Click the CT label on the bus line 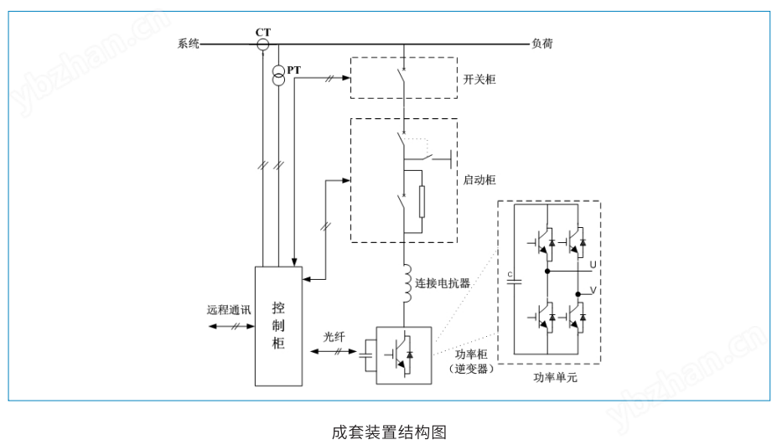[263, 32]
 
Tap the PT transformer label [293, 70]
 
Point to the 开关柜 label [479, 79]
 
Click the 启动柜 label [479, 180]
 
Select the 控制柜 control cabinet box [278, 325]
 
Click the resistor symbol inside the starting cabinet [422, 201]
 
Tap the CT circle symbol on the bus [262, 44]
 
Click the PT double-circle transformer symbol [278, 75]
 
